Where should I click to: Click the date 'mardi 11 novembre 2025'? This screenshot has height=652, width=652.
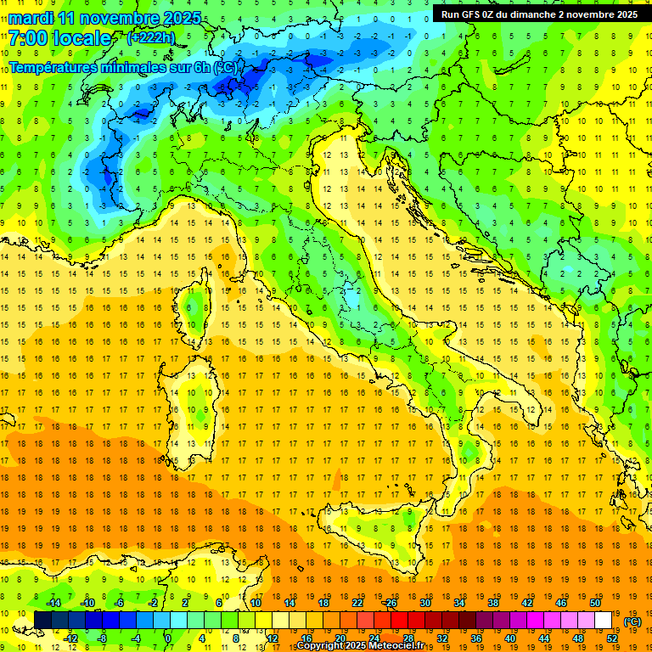point(105,18)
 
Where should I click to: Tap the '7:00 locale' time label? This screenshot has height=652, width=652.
point(59,38)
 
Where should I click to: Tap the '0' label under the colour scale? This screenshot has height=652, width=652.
point(167,638)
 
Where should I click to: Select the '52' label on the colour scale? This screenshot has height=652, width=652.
point(612,638)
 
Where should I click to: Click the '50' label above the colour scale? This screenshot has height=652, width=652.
point(595,603)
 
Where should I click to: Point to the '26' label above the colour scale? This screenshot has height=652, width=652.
point(391,603)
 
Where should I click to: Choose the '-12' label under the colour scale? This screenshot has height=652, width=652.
point(70,638)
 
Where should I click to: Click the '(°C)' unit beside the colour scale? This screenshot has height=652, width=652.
point(632,621)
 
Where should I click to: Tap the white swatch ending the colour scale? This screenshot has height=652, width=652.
point(603,621)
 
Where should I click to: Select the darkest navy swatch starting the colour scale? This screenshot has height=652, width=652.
point(42,621)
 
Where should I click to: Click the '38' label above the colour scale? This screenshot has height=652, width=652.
point(493,603)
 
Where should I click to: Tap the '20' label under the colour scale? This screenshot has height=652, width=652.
point(340,638)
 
